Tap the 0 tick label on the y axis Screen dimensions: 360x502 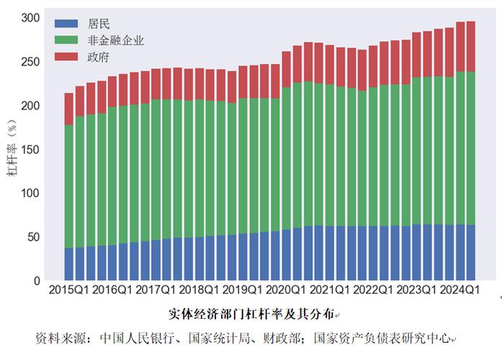(x=37, y=281)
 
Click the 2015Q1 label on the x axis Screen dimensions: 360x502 (x=70, y=290)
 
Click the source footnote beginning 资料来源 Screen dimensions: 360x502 (x=245, y=337)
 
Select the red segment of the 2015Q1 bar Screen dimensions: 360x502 (x=69, y=109)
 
